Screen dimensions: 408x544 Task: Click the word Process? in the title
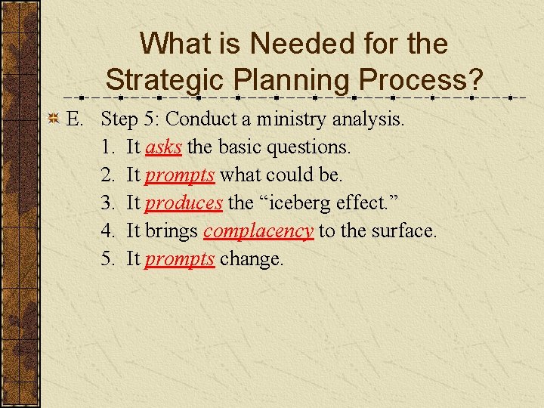[x=422, y=79]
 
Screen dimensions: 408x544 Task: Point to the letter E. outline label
[x=74, y=119]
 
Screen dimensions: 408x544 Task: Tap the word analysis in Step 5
[x=369, y=119]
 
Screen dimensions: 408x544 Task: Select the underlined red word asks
[x=163, y=147]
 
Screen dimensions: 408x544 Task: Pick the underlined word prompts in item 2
[x=180, y=175]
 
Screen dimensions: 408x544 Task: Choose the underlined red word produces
[x=184, y=203]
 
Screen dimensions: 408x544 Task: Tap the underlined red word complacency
[x=258, y=231]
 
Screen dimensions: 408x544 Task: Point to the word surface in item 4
[x=402, y=231]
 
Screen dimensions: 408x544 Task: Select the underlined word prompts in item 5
[x=180, y=259]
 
